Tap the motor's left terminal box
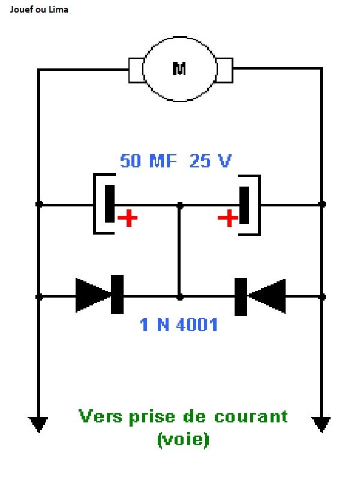136,70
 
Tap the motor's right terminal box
224,70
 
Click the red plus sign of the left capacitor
127,218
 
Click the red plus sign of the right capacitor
227,218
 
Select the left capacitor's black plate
110,205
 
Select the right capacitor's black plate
244,205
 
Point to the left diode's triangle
93,295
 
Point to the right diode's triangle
268,296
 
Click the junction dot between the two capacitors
179,205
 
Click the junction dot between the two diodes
179,296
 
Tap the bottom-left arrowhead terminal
39,424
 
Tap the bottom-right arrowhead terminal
322,424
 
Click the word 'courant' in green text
253,416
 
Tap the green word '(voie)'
183,439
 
